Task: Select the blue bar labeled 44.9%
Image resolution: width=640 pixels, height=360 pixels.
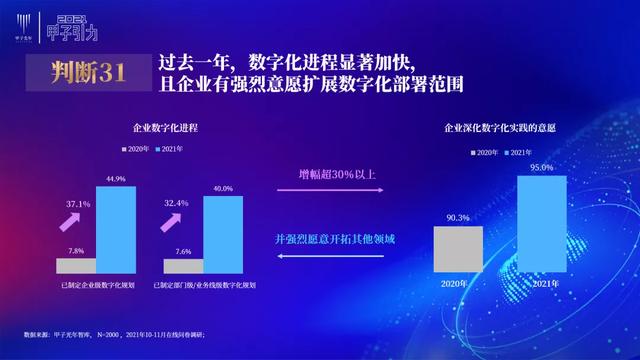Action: pos(116,230)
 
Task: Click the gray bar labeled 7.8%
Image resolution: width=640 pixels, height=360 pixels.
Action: pos(76,266)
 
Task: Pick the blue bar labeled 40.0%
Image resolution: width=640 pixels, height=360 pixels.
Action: pos(222,234)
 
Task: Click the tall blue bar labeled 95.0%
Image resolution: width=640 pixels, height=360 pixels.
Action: pos(542,225)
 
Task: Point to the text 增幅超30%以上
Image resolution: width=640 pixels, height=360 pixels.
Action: pos(336,176)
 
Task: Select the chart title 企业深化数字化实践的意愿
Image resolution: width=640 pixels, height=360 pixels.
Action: pos(500,129)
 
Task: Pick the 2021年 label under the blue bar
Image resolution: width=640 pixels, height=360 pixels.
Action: pos(542,283)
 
